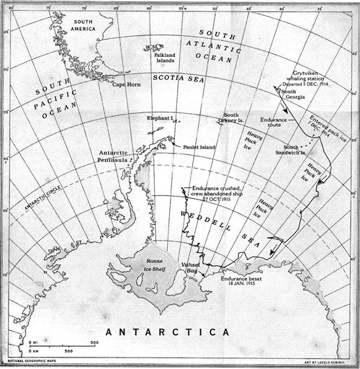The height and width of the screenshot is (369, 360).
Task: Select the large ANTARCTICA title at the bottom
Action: point(171,332)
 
